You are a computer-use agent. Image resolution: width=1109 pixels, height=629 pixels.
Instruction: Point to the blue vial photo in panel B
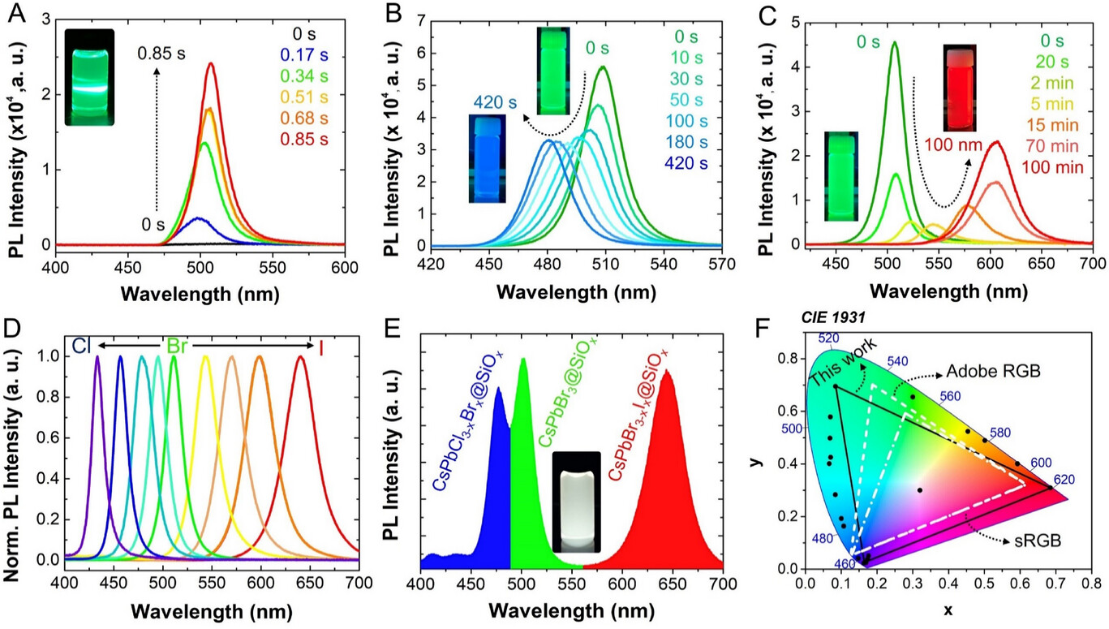(492, 158)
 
